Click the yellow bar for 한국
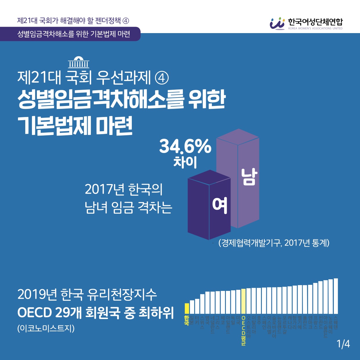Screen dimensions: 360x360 click(187, 308)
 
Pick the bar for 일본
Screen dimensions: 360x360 click(192, 307)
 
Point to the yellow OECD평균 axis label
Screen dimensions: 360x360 click(243, 331)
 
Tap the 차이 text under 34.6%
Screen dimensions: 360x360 click(185, 162)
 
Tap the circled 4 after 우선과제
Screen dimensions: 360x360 click(162, 78)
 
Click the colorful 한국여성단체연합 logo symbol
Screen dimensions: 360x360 click(277, 23)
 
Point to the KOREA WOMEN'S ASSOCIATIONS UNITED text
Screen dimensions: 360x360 click(315, 28)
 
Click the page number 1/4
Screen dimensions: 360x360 click(343, 344)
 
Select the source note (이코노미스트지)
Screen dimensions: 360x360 click(46, 328)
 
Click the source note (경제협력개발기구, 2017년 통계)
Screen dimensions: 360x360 click(274, 243)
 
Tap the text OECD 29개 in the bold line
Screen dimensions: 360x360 click(49, 312)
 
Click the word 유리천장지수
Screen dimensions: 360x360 click(121, 294)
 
